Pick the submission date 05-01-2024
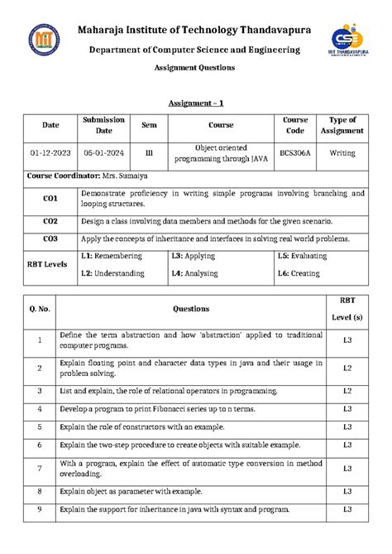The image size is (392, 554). click(x=103, y=153)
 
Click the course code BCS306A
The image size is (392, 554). click(x=295, y=153)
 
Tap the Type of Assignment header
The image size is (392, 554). click(x=342, y=125)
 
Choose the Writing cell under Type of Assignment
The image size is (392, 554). click(x=342, y=153)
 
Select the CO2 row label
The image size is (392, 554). click(x=50, y=221)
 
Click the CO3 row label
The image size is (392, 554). click(x=50, y=239)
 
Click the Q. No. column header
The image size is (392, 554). click(x=40, y=308)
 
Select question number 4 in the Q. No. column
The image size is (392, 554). click(x=40, y=408)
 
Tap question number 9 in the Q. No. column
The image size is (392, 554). click(x=40, y=510)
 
